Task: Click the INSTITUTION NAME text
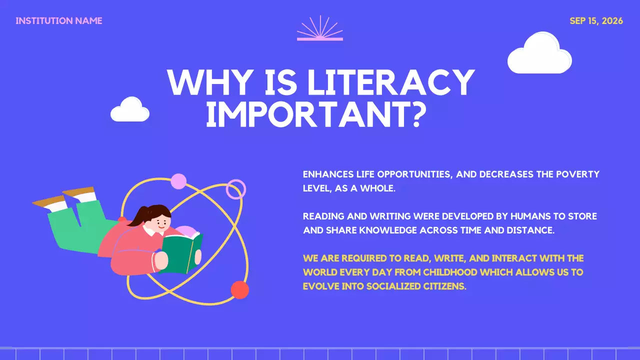[x=59, y=21]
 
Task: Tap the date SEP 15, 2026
[x=596, y=21]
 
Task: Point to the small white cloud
[x=130, y=111]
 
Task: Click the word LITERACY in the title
[x=390, y=83]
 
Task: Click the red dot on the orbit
[x=240, y=290]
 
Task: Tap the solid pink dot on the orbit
[x=178, y=181]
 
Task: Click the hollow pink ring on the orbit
[x=236, y=189]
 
